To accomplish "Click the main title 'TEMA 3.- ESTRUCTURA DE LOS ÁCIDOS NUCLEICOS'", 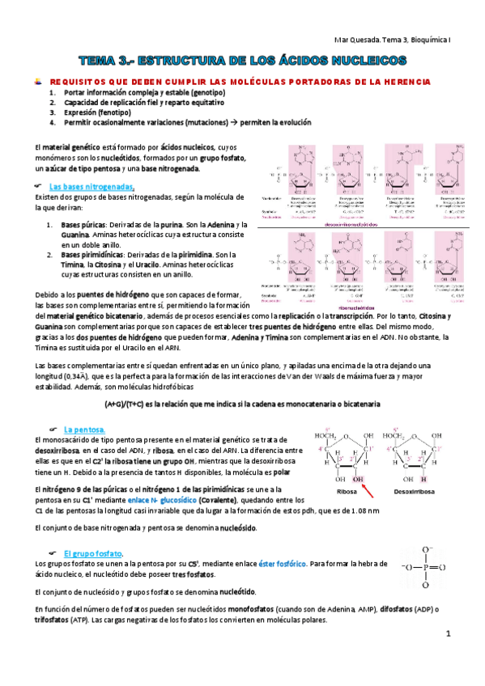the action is click(x=243, y=61).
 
